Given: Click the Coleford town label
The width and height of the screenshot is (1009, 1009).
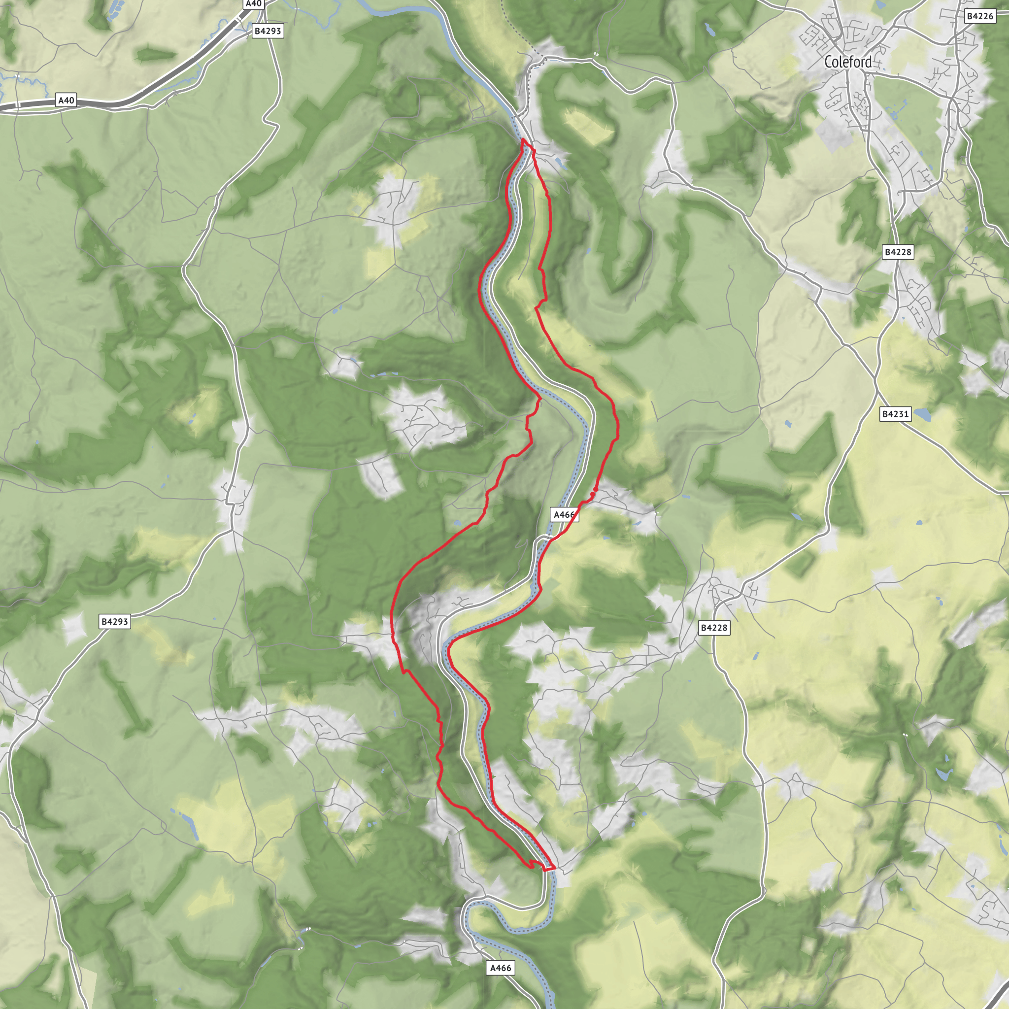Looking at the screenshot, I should click(x=847, y=62).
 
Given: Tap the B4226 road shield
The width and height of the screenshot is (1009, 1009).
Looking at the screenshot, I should click(x=979, y=16).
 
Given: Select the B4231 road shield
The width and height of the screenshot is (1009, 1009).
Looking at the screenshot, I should click(x=895, y=414).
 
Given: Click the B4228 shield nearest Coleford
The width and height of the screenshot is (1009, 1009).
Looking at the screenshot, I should click(x=897, y=252).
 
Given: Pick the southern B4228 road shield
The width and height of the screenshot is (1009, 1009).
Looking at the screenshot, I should click(x=713, y=628).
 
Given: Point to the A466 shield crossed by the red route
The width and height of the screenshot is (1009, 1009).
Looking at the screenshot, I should click(x=564, y=515).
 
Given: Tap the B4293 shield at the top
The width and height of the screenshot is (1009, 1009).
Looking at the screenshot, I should click(x=268, y=32).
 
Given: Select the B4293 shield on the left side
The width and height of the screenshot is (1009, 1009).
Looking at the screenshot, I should click(x=114, y=621).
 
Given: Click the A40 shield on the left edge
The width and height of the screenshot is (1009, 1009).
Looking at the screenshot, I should click(x=67, y=101).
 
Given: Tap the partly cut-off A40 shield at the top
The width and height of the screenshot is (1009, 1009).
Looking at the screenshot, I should click(x=253, y=3).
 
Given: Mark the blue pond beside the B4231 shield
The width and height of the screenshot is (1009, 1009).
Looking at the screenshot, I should click(x=922, y=415).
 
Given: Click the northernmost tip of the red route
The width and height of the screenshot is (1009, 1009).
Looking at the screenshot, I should click(x=523, y=139).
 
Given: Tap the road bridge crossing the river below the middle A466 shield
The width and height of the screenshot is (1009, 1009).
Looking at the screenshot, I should click(x=546, y=537).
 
